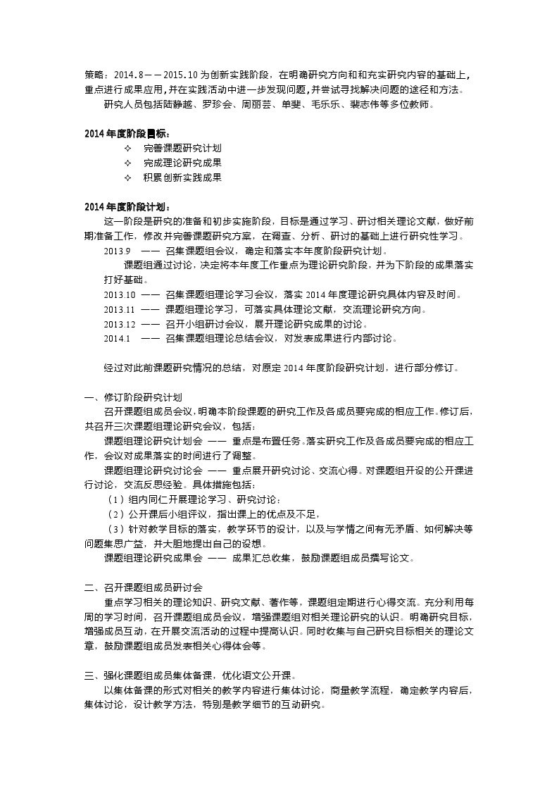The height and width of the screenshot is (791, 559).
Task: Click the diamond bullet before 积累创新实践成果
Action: tap(127, 177)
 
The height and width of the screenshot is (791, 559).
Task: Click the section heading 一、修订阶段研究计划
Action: tap(133, 397)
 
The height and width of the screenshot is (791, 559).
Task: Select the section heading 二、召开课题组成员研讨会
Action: tap(143, 587)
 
